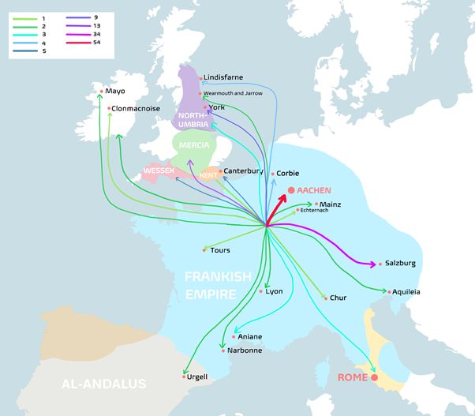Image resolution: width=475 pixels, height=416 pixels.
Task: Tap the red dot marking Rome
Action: [375, 377]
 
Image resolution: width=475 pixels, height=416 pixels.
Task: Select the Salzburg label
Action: [400, 263]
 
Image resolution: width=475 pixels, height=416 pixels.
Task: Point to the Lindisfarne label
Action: [223, 77]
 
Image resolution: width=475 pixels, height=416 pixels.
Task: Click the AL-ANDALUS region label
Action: [104, 384]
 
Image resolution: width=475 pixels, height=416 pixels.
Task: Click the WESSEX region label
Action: [158, 171]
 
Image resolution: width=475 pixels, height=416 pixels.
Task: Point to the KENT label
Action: [208, 174]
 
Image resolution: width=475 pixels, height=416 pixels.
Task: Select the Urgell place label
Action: [197, 377]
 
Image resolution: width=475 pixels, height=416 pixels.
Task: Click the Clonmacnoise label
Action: [135, 107]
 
